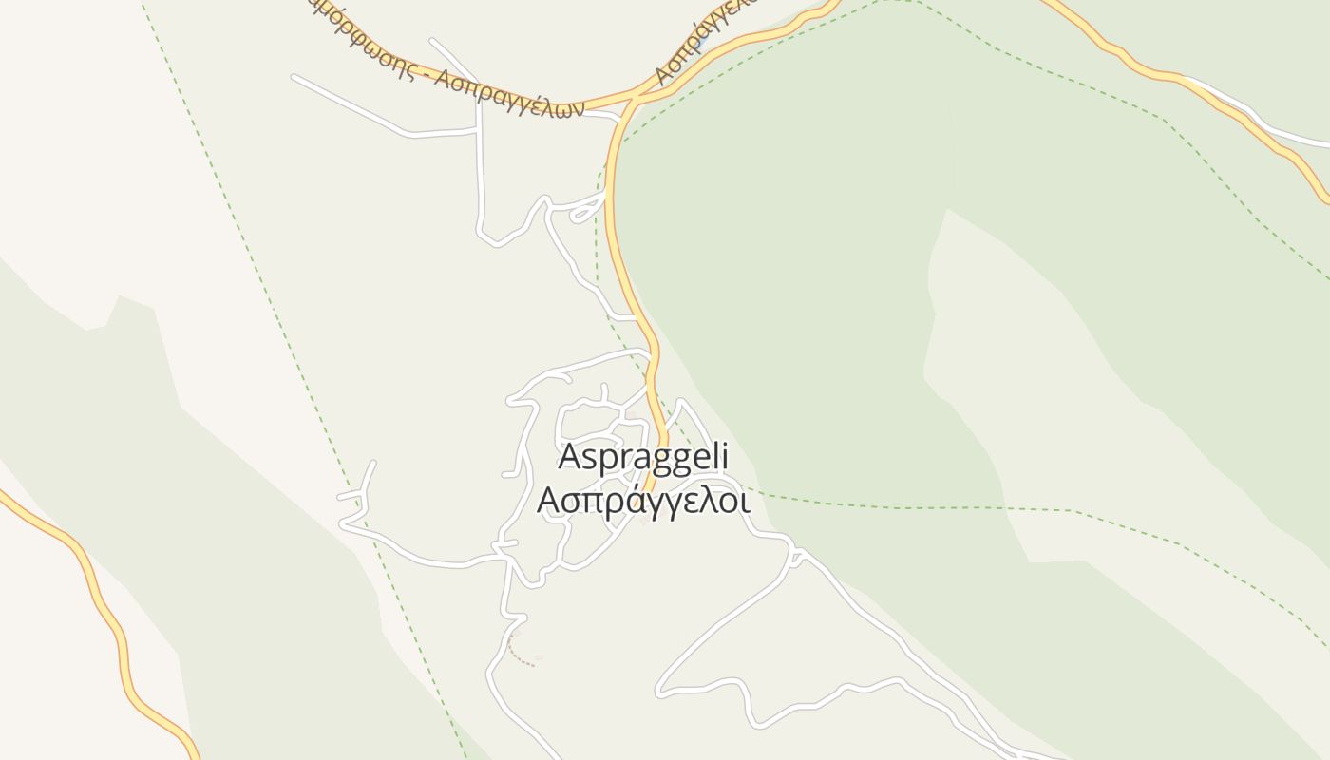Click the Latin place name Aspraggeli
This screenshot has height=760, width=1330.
pos(643,457)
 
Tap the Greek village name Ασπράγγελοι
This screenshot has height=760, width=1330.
pos(643,500)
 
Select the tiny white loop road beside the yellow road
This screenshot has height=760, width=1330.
pos(583,214)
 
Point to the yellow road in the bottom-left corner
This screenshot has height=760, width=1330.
pos(104,608)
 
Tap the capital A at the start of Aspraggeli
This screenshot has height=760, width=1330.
pos(569,457)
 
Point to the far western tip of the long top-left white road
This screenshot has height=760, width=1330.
pos(294,76)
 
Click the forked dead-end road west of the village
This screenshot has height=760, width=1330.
pos(357,494)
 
